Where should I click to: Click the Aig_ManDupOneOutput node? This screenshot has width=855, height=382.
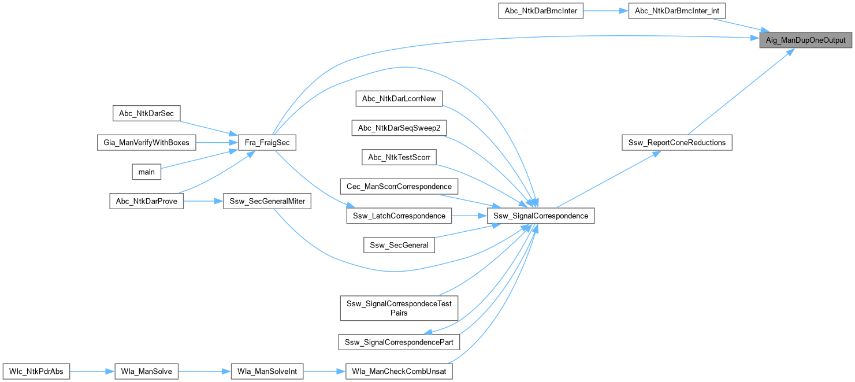tap(805, 40)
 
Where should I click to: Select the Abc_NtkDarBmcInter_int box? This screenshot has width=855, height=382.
tap(676, 10)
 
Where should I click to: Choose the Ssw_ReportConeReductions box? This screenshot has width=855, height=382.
tap(676, 142)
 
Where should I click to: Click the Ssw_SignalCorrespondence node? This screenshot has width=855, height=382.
tap(541, 216)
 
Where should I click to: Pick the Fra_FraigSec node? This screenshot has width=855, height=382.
tap(267, 142)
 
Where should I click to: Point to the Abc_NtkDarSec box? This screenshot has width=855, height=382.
tap(146, 113)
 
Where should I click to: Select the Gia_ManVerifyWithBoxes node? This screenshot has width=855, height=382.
tap(146, 142)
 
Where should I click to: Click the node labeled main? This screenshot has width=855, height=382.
tap(147, 172)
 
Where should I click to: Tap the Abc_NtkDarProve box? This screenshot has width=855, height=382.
tap(147, 201)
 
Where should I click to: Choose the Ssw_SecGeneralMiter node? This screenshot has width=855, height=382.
tap(267, 201)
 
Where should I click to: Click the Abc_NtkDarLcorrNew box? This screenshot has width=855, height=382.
tap(399, 98)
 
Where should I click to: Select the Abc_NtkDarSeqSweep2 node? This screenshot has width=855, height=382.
tap(399, 128)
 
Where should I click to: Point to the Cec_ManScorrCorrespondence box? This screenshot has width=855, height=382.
tap(399, 186)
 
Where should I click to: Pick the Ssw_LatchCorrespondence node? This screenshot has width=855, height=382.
tap(399, 216)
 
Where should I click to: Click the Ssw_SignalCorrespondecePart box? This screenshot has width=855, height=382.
tap(399, 342)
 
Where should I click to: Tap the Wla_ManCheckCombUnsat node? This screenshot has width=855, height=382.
tap(399, 371)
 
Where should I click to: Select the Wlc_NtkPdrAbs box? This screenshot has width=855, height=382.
tap(36, 371)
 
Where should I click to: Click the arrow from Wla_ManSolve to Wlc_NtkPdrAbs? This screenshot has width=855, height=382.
tap(86, 371)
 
